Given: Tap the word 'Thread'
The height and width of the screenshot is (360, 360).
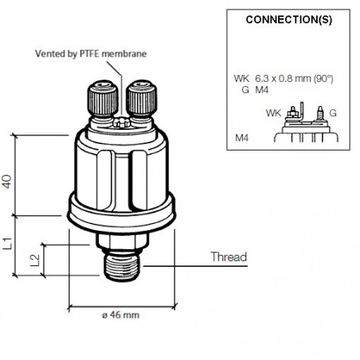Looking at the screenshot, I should [229, 256].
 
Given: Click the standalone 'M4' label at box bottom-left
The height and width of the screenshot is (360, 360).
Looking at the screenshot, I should [243, 137].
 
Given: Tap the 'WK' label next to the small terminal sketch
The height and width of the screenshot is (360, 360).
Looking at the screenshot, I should [272, 112].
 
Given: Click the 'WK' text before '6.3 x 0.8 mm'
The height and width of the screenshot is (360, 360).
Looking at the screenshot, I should [241, 78].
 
